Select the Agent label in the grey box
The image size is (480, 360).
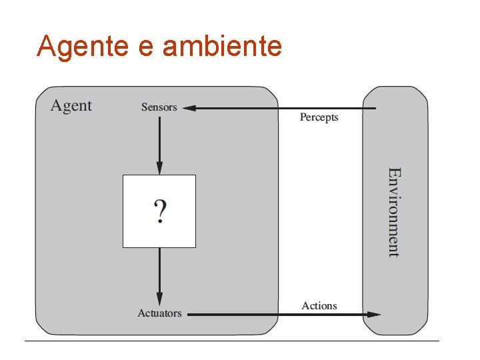pos(71,106)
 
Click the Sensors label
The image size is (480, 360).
pos(159,107)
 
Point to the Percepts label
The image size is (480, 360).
pos(319,117)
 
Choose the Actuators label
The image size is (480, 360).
pos(159,313)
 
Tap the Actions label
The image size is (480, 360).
pos(319,306)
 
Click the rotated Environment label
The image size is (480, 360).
pos(394,212)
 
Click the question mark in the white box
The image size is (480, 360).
pos(160,212)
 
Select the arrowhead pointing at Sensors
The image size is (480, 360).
pos(189,108)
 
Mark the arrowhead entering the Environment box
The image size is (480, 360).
pos(374,314)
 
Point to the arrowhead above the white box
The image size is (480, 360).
pos(159,168)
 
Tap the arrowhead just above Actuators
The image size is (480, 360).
pos(159,299)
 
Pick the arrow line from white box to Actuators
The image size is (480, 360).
pos(159,270)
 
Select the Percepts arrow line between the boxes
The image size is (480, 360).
pos(320,108)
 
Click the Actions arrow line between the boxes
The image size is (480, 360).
pos(320,314)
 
